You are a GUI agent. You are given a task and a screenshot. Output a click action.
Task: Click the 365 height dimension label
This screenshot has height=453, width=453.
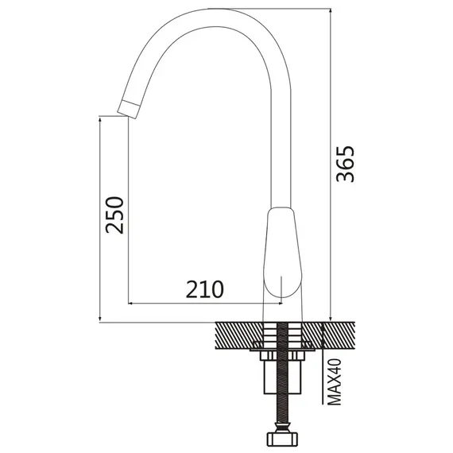pos(345,164)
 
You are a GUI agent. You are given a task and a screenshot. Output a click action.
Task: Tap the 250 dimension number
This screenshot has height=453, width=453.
pos(114,215)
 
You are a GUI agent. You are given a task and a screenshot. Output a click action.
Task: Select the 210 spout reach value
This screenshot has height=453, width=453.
pos(204,289)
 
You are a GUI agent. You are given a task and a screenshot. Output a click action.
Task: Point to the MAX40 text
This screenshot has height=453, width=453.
pos(335,381)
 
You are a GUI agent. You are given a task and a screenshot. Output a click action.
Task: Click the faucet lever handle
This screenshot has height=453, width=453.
pos(283,252)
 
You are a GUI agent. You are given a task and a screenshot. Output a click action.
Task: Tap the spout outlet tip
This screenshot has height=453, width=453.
pos(129,109)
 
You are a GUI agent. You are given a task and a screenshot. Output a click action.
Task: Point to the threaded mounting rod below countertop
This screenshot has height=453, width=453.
pos(283,376)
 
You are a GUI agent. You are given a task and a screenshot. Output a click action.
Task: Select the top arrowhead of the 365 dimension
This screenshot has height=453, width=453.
pos(331,11)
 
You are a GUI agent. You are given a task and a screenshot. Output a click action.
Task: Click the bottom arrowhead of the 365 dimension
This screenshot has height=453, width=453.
pos(331,319)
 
